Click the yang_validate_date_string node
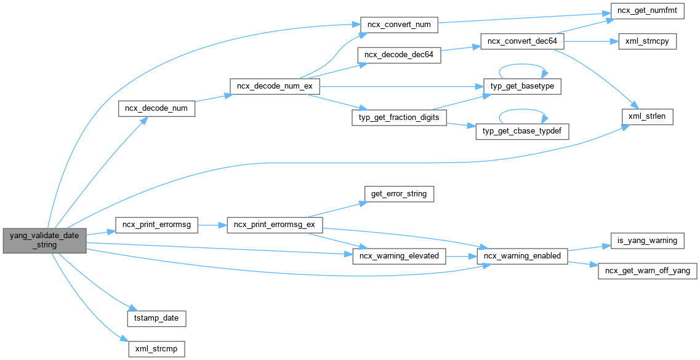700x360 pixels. (44, 240)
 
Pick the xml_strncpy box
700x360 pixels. (642, 41)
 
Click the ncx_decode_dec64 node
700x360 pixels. (399, 55)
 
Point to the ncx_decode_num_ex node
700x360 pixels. (275, 87)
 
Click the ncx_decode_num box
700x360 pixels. (156, 108)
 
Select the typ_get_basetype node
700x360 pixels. (522, 86)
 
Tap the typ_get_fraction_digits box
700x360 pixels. (399, 117)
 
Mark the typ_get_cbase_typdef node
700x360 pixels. (522, 131)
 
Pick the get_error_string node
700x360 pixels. (399, 194)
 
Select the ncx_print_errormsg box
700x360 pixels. (156, 225)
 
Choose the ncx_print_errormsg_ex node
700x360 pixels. (275, 225)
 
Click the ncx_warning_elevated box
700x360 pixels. (399, 255)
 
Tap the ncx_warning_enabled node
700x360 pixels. (522, 255)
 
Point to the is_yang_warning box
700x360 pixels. (647, 240)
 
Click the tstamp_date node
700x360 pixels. (156, 318)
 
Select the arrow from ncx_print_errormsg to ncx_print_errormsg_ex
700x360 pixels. (212, 225)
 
